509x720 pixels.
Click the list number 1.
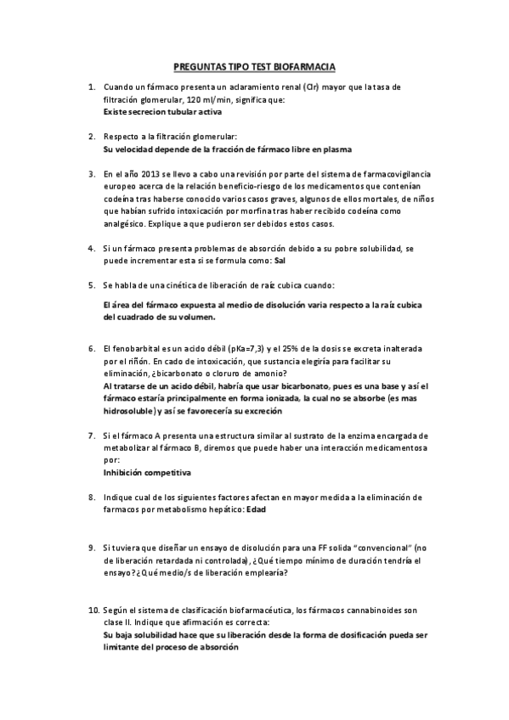tap(92, 87)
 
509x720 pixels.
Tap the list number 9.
tap(92, 548)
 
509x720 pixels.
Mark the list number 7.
tap(92, 435)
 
